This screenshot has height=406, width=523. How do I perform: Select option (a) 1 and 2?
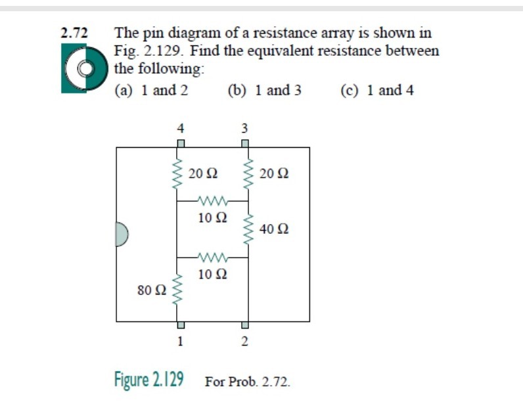(x=151, y=91)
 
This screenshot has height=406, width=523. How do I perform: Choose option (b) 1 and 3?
(x=264, y=91)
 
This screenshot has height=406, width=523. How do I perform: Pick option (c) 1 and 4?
(x=377, y=91)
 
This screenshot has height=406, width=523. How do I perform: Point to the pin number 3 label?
(x=244, y=127)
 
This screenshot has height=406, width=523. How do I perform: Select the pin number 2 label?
(x=244, y=341)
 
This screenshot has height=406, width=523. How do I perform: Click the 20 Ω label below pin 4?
(x=202, y=174)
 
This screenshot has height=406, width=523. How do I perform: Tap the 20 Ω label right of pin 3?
(x=274, y=174)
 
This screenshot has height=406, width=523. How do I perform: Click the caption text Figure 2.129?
(x=148, y=380)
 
